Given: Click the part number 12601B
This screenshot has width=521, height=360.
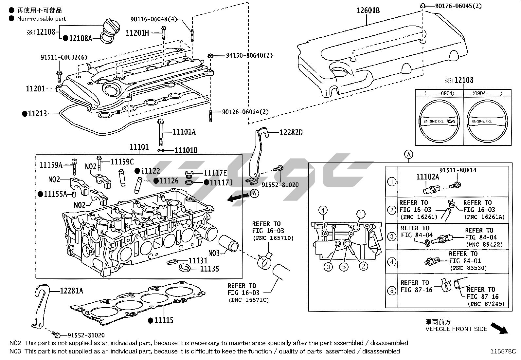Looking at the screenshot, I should pyautogui.click(x=368, y=11).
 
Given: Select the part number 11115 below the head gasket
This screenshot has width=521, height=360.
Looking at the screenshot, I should pyautogui.click(x=164, y=320).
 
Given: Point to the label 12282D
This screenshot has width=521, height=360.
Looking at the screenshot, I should pyautogui.click(x=291, y=132).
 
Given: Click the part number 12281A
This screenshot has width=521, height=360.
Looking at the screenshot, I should pyautogui.click(x=71, y=291).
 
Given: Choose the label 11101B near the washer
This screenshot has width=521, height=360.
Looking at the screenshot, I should pyautogui.click(x=186, y=150).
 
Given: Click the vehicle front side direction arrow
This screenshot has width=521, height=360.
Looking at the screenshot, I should pyautogui.click(x=499, y=328).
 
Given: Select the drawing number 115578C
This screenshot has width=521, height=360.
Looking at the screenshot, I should pyautogui.click(x=503, y=351).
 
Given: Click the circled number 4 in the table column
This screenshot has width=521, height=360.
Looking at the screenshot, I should pyautogui.click(x=392, y=261).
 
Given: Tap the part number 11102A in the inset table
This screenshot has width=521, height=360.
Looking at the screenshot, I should pyautogui.click(x=427, y=177).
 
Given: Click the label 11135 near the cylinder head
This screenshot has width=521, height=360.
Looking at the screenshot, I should pyautogui.click(x=209, y=269).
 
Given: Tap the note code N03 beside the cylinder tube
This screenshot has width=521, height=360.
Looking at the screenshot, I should pyautogui.click(x=214, y=253).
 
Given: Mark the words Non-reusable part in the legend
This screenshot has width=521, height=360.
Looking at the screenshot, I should pyautogui.click(x=42, y=19).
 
